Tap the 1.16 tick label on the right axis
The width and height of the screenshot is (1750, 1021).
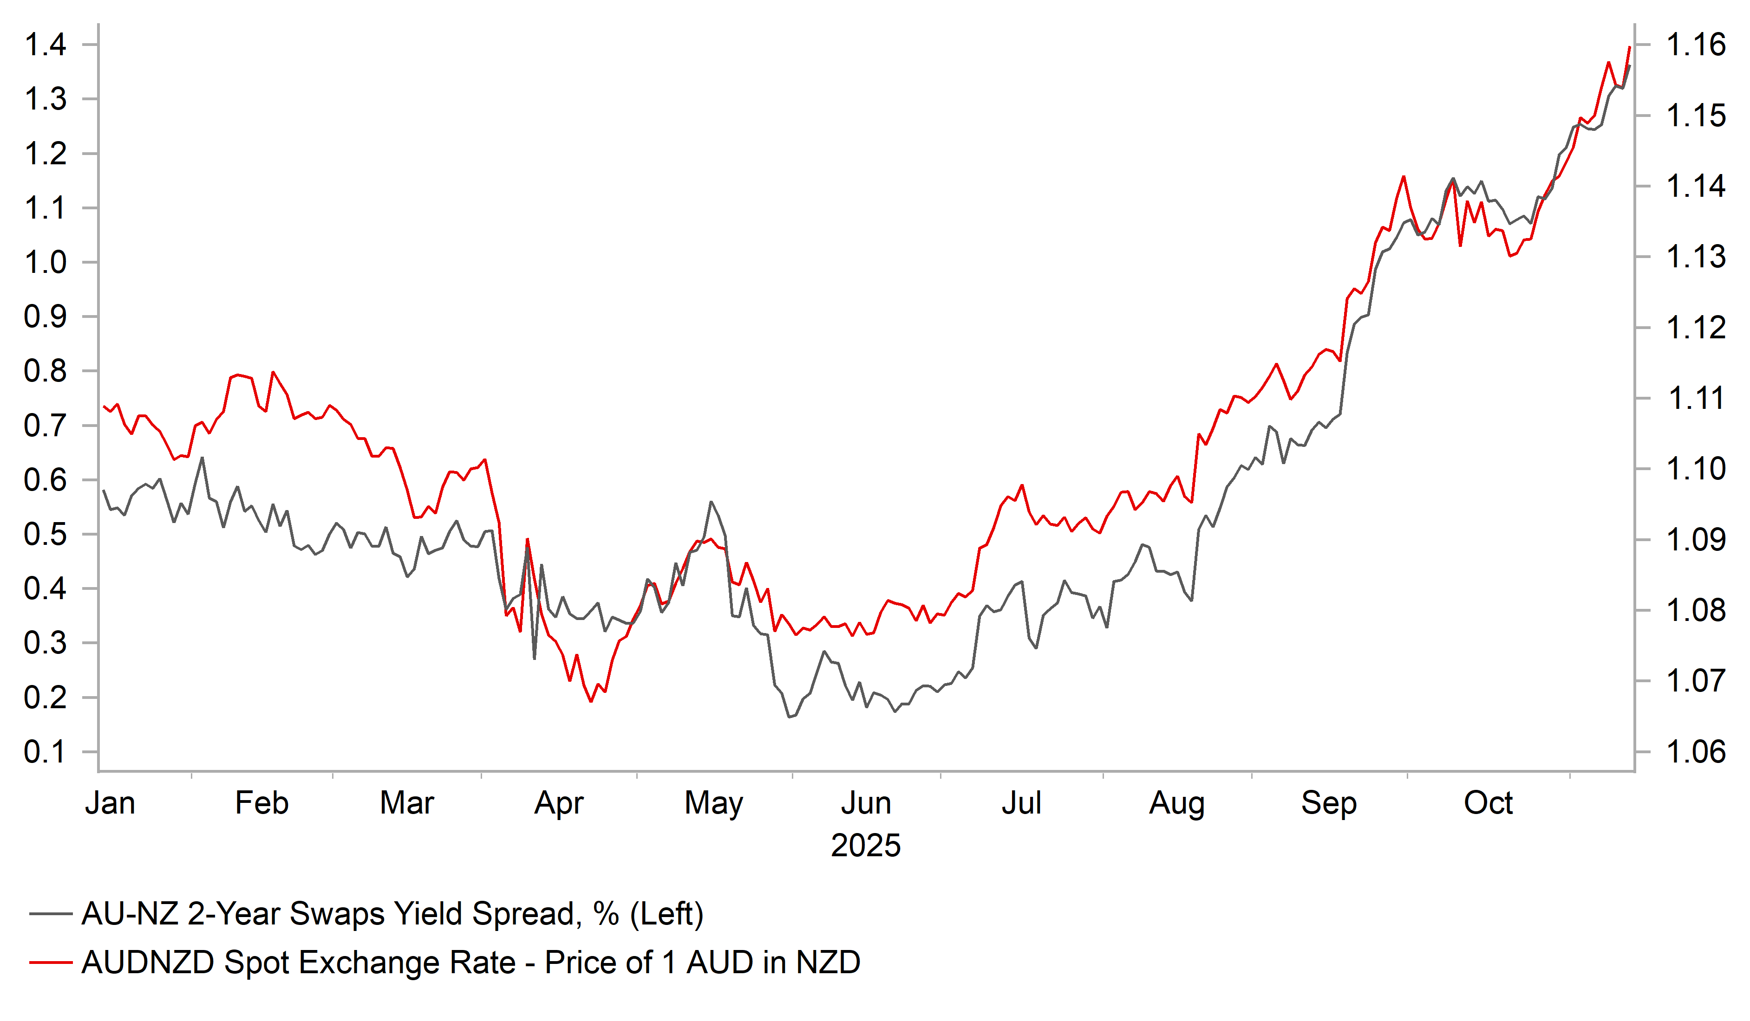coord(1695,45)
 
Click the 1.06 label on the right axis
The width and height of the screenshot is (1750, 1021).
coord(1695,752)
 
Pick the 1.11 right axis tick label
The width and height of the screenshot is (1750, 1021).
coord(1695,398)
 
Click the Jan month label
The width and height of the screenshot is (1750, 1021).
coord(110,803)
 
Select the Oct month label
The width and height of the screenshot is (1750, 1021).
coord(1488,803)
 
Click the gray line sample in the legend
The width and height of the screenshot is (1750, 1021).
coord(51,914)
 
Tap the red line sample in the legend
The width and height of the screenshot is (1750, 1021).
coord(51,963)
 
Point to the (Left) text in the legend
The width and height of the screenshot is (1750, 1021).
coord(666,914)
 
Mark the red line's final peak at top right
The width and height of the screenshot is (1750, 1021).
coord(1629,47)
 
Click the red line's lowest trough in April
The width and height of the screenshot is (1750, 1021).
coord(591,701)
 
